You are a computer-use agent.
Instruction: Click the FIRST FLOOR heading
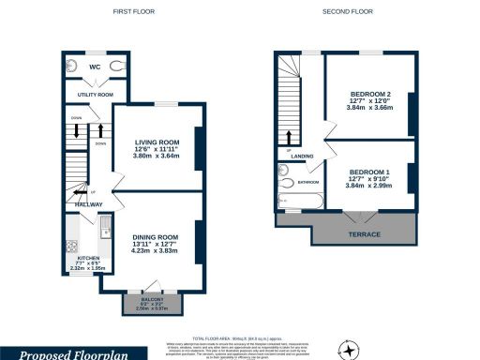pyautogui.click(x=133, y=12)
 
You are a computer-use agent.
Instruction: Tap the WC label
pyautogui.click(x=95, y=67)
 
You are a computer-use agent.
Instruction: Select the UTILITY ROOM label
pyautogui.click(x=95, y=95)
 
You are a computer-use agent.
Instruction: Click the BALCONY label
pyautogui.click(x=151, y=300)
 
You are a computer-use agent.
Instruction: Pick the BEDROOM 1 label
pyautogui.click(x=368, y=172)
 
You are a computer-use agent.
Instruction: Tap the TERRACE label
pyautogui.click(x=365, y=233)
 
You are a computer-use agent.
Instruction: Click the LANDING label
pyautogui.click(x=302, y=156)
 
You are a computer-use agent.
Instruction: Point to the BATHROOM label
pyautogui.click(x=308, y=182)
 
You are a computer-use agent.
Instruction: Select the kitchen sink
pyautogui.click(x=106, y=228)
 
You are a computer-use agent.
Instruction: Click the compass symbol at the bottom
pyautogui.click(x=350, y=349)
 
